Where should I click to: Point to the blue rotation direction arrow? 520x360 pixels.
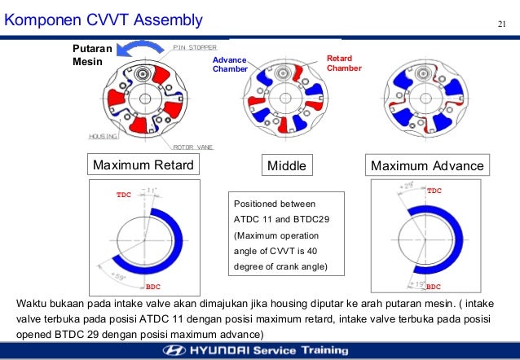(x=139, y=50)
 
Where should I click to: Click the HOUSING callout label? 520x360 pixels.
(x=104, y=136)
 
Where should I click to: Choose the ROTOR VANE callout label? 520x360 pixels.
(x=195, y=147)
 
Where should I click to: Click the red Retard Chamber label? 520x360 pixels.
(x=344, y=64)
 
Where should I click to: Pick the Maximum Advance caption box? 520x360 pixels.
(x=427, y=166)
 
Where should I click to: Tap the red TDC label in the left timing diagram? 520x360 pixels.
(x=122, y=196)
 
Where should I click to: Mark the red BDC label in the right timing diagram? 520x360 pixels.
(x=434, y=287)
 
